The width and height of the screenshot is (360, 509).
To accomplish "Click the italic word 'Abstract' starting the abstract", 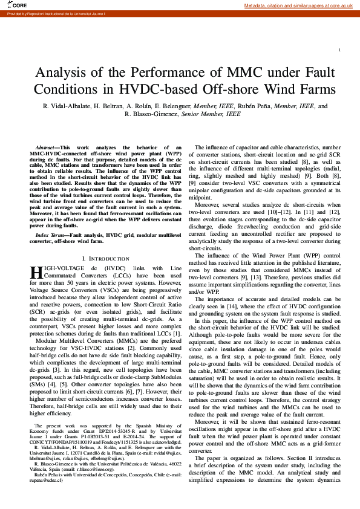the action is (x=45, y=148).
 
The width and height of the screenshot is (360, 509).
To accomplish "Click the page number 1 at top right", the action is (x=342, y=50).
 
